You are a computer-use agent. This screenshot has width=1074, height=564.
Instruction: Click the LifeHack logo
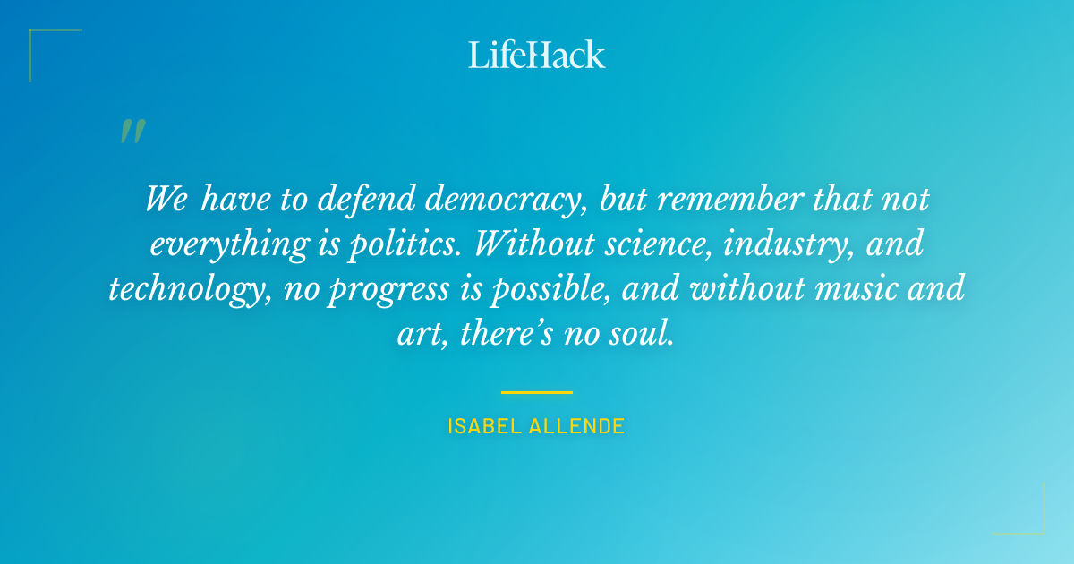(537, 55)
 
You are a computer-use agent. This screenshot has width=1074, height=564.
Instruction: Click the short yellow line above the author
(537, 392)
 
